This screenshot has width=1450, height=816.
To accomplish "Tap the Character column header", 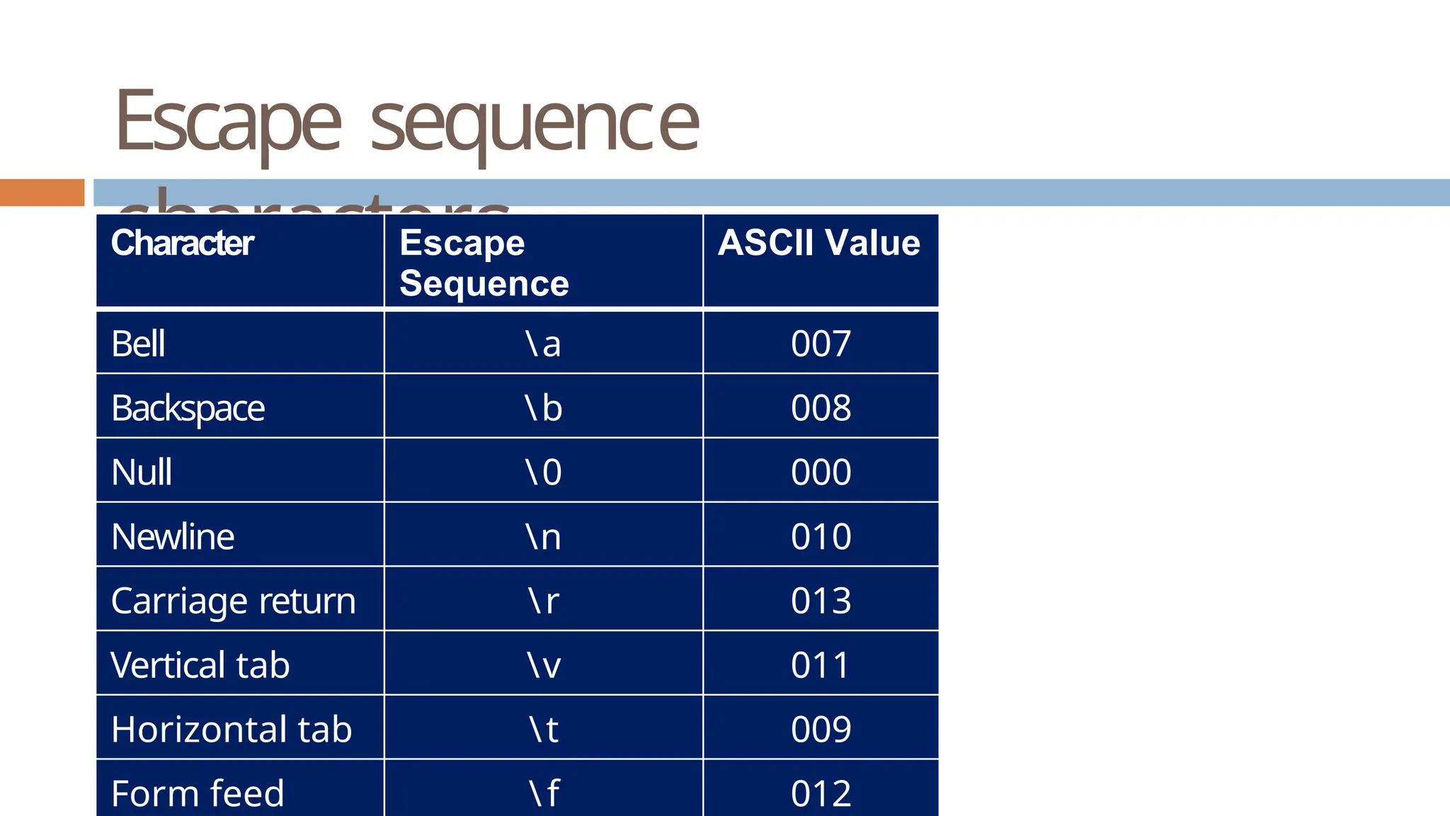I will pos(182,243).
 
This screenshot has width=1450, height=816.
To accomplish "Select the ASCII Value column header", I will pos(819,243).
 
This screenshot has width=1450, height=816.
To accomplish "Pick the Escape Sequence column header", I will pos(484,263).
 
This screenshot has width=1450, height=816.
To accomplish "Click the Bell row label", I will pos(138,344).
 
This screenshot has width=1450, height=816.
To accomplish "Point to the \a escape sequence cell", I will pos(543,344).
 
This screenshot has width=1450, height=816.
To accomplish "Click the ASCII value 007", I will pos(821,344).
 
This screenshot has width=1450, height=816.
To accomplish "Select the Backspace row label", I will pos(188,409).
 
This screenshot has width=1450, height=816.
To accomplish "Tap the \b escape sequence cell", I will pos(543,408).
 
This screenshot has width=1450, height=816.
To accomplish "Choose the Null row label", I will pos(142,472).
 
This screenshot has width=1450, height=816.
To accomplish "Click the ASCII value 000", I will pos(821,472).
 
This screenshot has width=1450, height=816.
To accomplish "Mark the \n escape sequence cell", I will pos(543,537).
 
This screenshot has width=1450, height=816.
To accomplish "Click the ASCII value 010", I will pos(821,537).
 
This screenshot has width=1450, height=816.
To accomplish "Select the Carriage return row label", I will pos(233,601).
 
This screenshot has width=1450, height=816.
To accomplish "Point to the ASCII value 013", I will pos(821,601).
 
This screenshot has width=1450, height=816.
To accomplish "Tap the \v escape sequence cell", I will pos(543,665).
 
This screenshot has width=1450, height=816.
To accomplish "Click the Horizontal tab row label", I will pos(232,730).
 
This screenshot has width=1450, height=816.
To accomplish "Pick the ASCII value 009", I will pos(821,730).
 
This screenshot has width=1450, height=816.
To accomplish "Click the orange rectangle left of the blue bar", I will pos(42,193).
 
